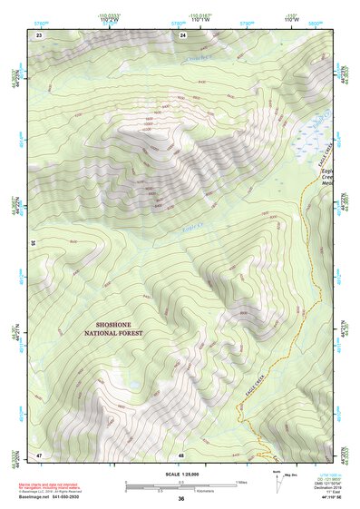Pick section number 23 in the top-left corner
(39, 34)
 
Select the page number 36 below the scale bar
(181, 499)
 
